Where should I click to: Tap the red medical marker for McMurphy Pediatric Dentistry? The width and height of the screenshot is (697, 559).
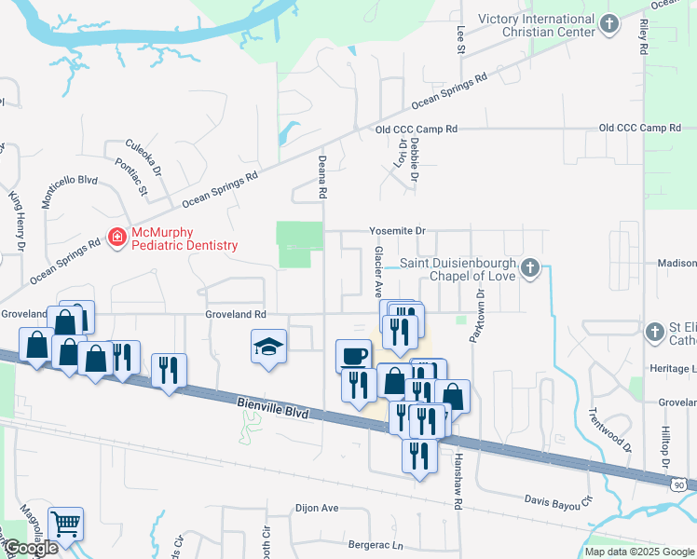(x=117, y=238)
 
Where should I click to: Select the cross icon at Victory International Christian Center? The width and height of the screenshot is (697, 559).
(x=609, y=25)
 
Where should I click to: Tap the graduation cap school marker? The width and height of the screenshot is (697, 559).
(x=268, y=348)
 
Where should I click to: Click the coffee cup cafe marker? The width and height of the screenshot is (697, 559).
(x=353, y=355)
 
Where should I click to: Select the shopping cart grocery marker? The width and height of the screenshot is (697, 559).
(x=65, y=524)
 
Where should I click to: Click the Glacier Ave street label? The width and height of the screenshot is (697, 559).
(x=378, y=266)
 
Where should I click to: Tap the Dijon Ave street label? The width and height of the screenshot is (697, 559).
(x=317, y=509)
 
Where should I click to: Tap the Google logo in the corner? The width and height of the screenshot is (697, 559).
(x=30, y=549)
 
